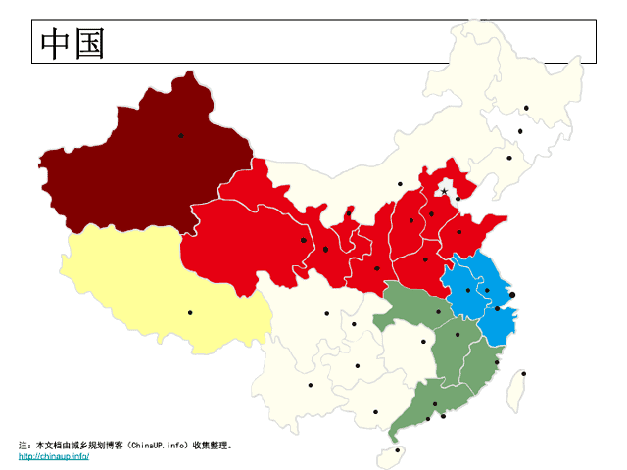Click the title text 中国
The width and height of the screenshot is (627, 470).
pos(72,43)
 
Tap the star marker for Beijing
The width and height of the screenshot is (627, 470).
pos(444,191)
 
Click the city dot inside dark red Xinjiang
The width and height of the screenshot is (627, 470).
pos(180,136)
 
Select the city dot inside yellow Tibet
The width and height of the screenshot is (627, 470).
pos(190,313)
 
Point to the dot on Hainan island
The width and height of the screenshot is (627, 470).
pos(397,450)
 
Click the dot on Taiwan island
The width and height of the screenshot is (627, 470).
pos(523,373)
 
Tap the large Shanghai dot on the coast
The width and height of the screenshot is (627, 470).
pos(512,294)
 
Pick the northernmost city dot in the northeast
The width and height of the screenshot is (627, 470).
pos(526,108)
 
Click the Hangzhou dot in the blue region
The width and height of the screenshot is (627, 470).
pos(497,309)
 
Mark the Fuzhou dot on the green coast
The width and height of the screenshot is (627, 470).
pos(497,363)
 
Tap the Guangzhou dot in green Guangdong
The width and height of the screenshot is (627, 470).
pos(435,403)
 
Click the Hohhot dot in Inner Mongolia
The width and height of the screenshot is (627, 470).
pos(400,183)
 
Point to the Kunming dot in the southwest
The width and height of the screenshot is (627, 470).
pos(311,385)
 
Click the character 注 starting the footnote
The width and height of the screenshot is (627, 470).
pos(24,445)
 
